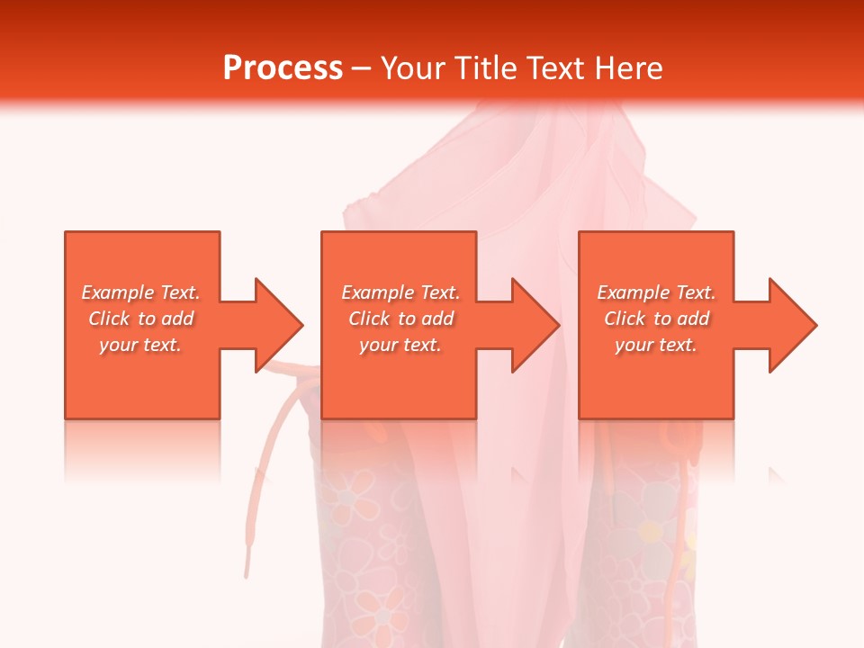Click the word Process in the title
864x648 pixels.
click(283, 68)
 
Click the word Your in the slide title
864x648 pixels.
click(415, 68)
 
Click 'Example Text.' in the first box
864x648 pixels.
click(140, 292)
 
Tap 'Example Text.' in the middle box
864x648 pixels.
click(400, 292)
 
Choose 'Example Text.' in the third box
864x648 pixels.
click(656, 292)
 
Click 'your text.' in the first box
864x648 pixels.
click(140, 345)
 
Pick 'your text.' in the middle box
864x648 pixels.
click(400, 345)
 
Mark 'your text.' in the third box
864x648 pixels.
click(656, 345)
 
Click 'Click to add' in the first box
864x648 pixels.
click(140, 319)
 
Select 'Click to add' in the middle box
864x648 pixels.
click(400, 319)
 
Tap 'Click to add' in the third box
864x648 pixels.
click(656, 319)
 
